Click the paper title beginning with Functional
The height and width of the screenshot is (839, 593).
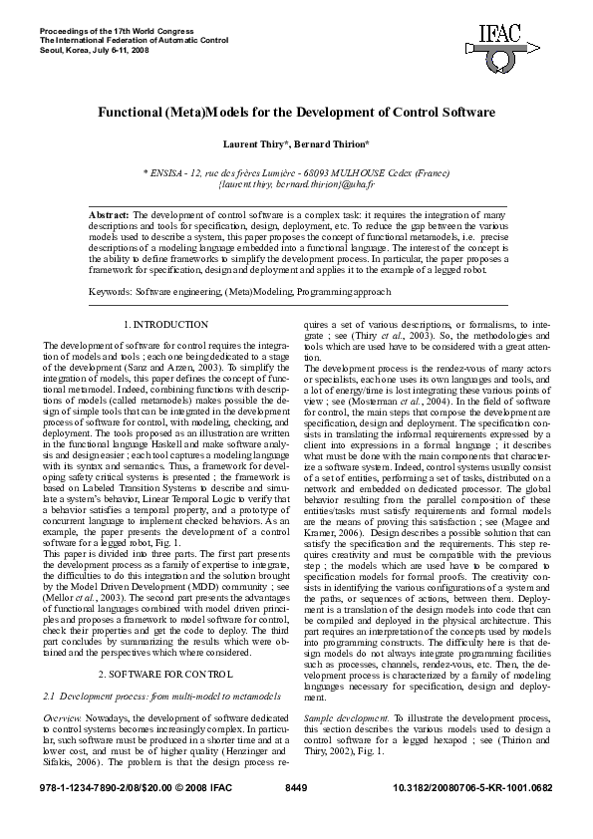(x=296, y=114)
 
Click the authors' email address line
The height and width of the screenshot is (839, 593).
(x=296, y=184)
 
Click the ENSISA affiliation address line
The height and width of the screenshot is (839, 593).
(x=296, y=172)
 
